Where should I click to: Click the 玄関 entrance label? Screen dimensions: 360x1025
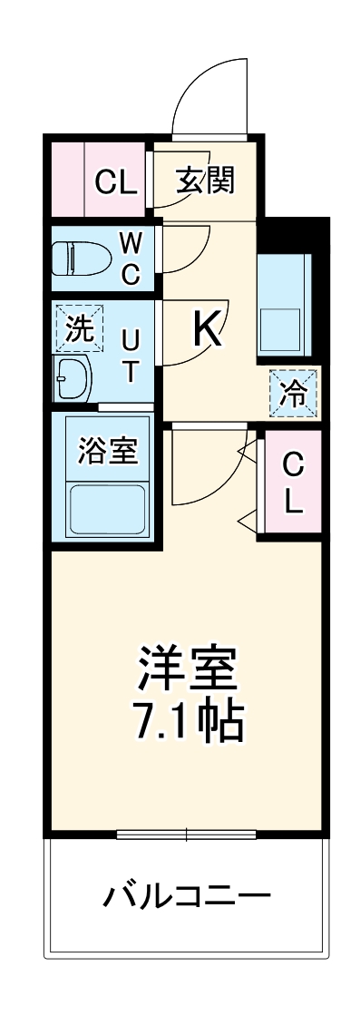point(205,181)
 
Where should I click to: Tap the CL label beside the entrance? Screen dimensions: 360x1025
point(117,182)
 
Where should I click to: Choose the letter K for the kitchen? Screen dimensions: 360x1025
point(207,330)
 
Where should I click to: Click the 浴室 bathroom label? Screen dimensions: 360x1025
point(108,451)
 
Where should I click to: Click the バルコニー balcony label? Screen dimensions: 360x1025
point(187,897)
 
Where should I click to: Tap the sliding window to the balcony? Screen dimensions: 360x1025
point(186,834)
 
